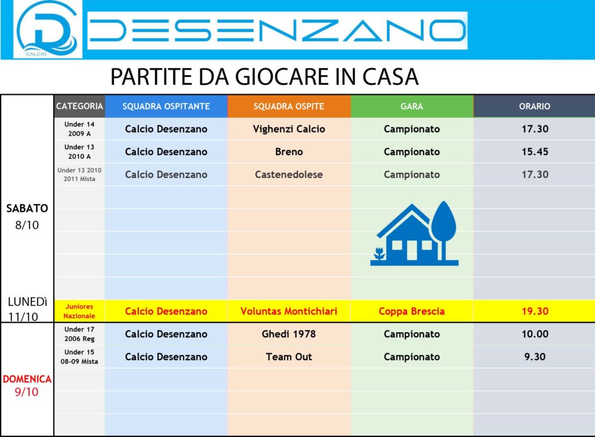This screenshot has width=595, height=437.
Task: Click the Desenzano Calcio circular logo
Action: coord(48,29)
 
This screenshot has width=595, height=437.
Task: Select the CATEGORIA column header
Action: coord(79,106)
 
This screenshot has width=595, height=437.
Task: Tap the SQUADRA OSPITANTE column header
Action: coord(166,106)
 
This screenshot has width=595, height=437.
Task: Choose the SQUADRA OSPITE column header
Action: coord(289,106)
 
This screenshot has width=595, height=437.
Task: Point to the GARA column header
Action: coord(412,106)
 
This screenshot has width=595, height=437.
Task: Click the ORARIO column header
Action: coord(535,106)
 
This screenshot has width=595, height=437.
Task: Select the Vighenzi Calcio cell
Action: coord(289,129)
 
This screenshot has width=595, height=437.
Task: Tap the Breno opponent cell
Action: coord(289,152)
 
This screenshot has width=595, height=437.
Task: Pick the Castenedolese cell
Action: coord(289,175)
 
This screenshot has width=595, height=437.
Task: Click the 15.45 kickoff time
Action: coord(535,152)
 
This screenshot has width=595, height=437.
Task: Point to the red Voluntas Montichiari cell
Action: coord(289,311)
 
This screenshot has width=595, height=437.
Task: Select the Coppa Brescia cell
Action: coord(412,311)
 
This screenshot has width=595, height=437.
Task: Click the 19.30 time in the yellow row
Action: coord(535,311)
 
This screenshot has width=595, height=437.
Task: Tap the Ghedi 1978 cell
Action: coord(289,334)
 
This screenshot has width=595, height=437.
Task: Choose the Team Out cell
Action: coord(289,357)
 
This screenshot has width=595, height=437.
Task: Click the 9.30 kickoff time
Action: coord(535,357)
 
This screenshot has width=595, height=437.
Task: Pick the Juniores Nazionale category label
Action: coord(79,311)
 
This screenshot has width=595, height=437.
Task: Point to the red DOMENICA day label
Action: coord(27,379)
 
